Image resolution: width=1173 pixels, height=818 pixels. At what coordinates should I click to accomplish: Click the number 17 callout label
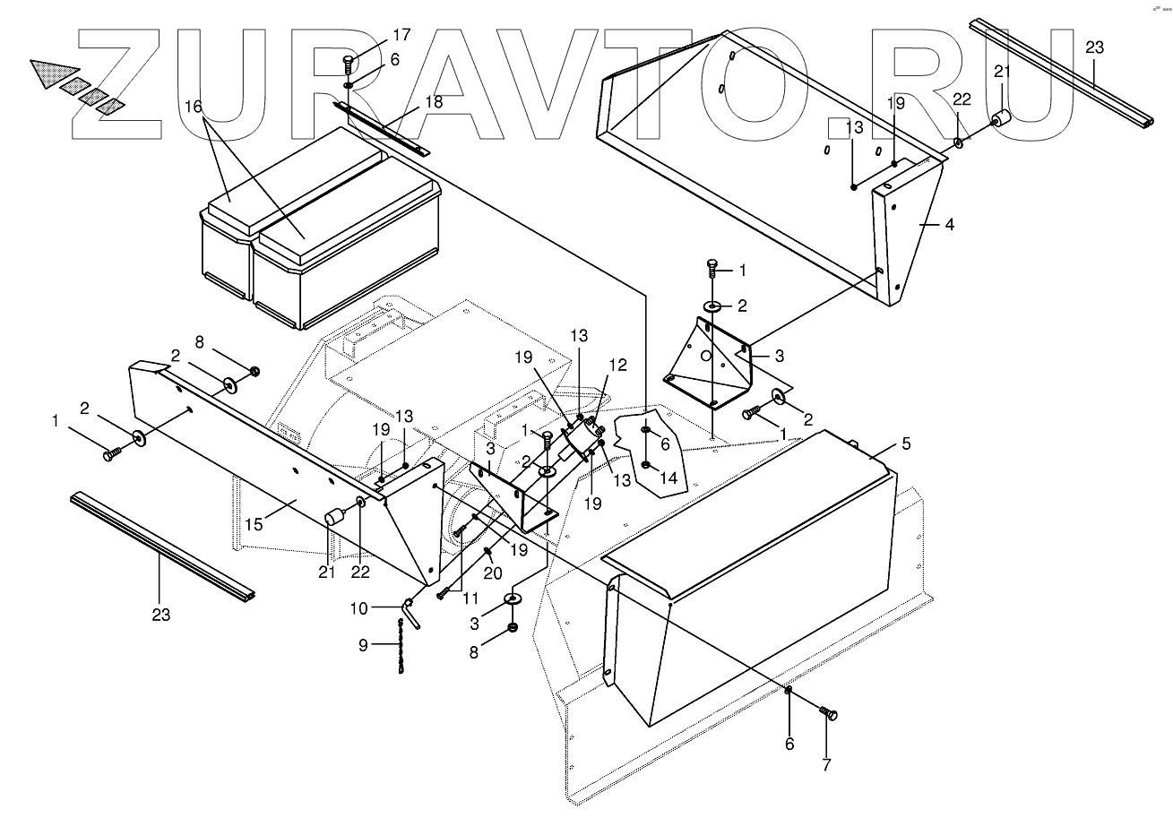[401, 35]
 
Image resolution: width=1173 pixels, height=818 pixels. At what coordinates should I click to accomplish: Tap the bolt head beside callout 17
[349, 62]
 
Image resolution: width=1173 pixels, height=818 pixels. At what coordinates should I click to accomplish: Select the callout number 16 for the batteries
[194, 106]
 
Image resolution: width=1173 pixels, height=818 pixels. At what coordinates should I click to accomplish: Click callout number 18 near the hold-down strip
[434, 101]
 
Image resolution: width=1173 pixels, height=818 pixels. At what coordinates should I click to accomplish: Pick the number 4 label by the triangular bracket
[949, 225]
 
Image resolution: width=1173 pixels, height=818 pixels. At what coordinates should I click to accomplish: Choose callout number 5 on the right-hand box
[906, 443]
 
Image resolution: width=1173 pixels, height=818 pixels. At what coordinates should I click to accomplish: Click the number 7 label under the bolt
[826, 765]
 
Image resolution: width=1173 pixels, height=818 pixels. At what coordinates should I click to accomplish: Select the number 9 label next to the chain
[363, 644]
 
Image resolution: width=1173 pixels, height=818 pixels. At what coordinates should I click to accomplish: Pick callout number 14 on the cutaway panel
[669, 478]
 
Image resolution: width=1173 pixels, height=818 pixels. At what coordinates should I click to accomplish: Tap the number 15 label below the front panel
[254, 524]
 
